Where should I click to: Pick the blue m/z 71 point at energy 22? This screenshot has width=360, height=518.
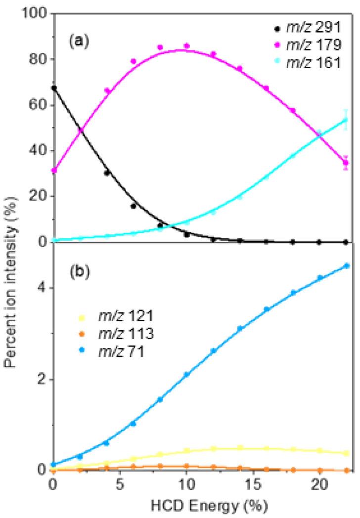coord(346,266)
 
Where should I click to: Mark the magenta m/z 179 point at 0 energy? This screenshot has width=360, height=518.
coord(54,171)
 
